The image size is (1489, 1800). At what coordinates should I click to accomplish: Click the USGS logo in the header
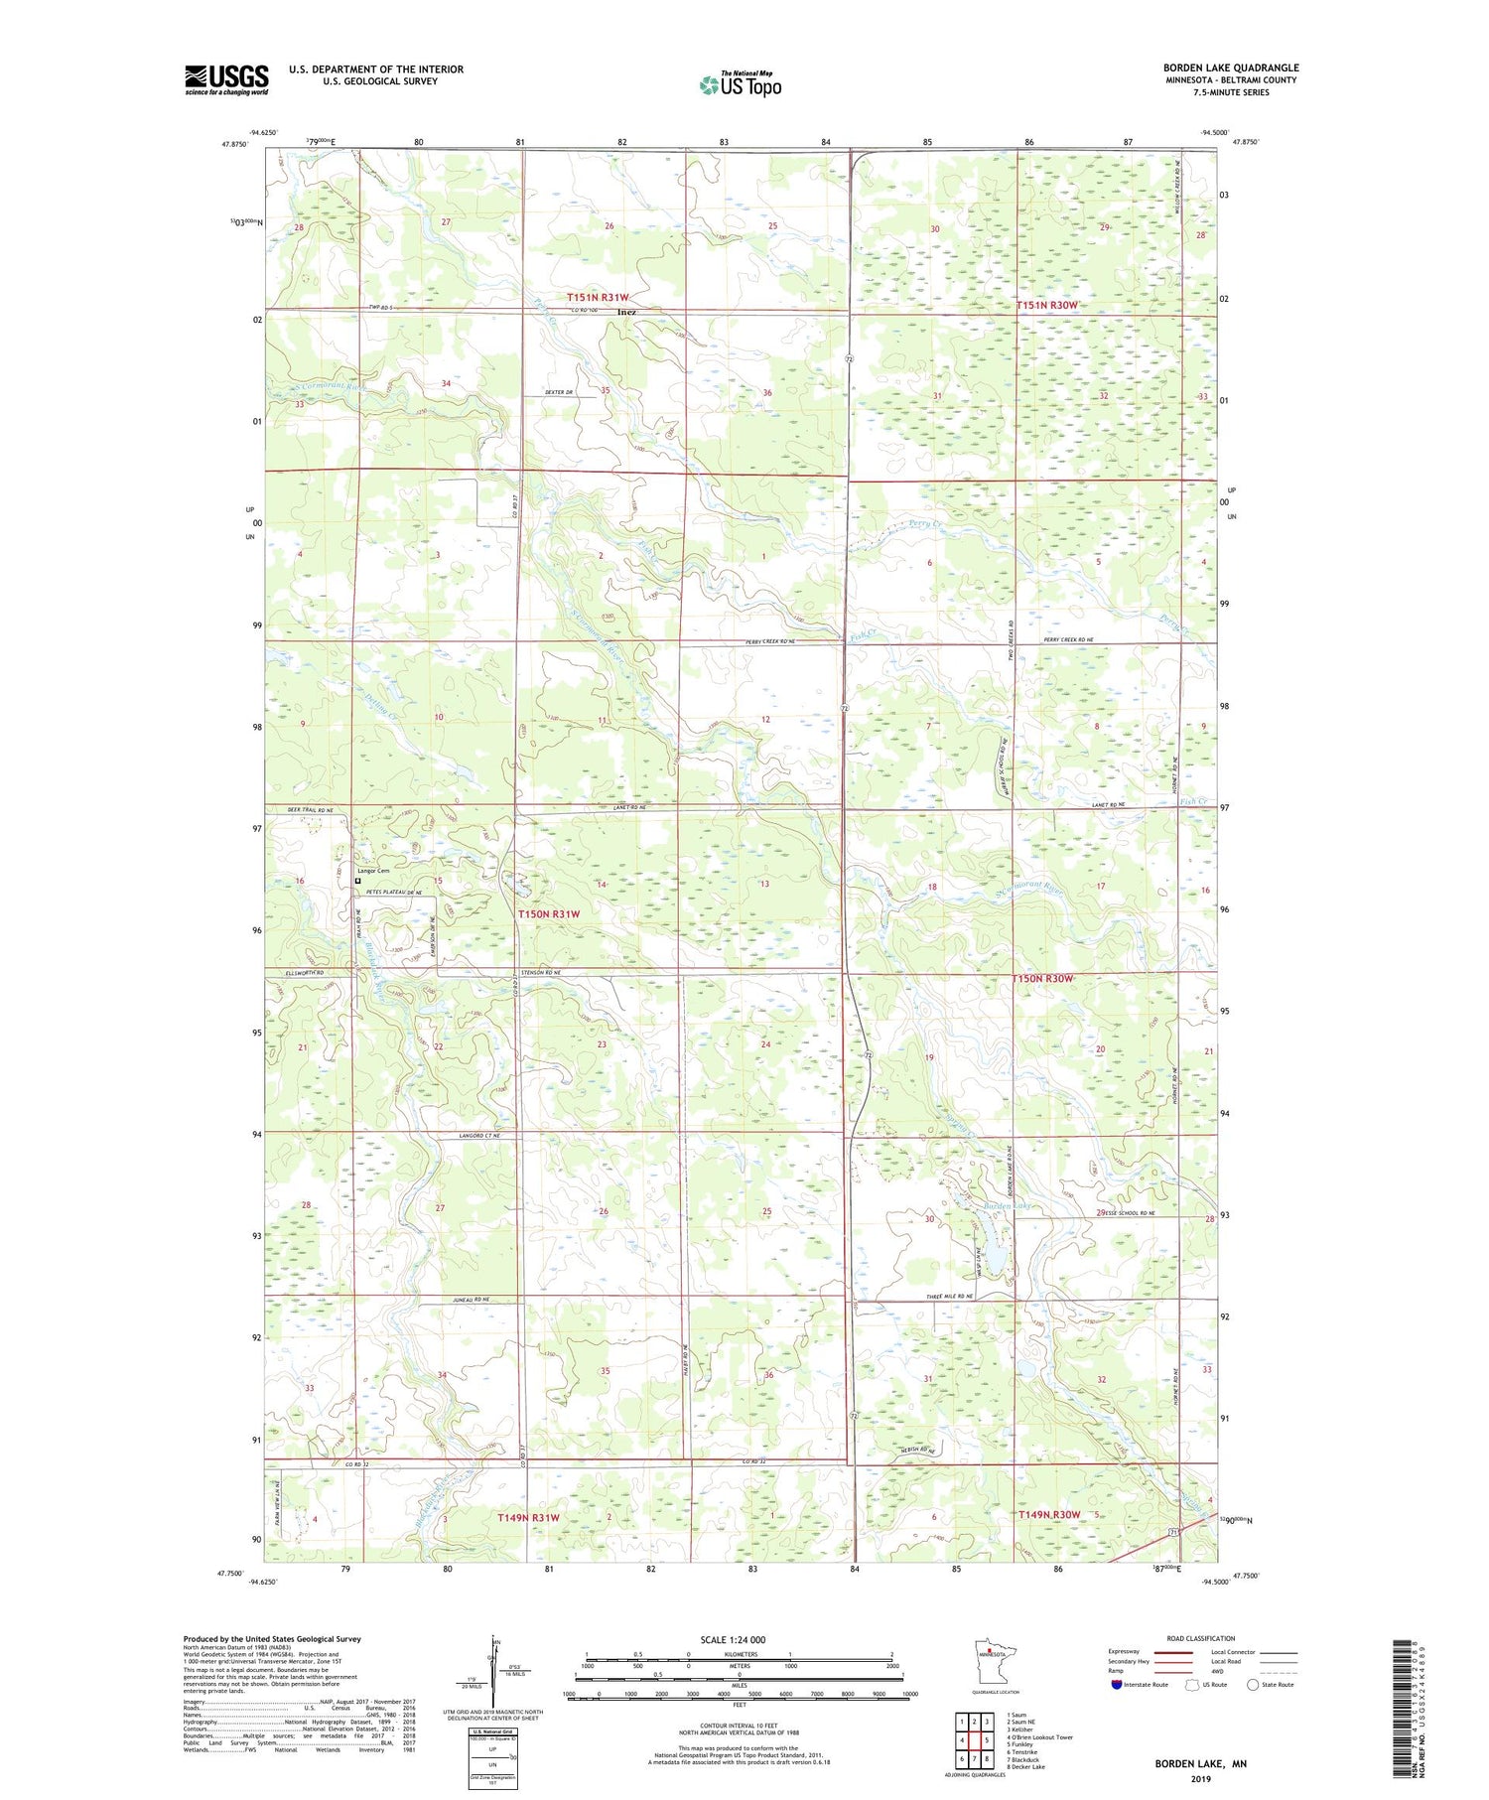pos(226,79)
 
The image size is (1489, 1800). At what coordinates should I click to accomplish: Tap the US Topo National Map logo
pos(740,84)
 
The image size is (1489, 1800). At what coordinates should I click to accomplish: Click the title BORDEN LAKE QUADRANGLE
pos(1231,68)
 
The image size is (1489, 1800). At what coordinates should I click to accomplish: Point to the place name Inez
pos(625,312)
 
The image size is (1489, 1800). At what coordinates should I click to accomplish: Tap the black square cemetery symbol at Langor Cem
pos(358,880)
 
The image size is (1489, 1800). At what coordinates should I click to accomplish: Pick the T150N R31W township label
pos(549,913)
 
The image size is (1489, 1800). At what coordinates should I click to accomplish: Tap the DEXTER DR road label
pos(559,392)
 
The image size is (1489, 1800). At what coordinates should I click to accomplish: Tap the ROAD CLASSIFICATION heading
pos(1201,1638)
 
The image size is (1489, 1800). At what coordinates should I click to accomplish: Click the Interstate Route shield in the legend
pos(1118,1685)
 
